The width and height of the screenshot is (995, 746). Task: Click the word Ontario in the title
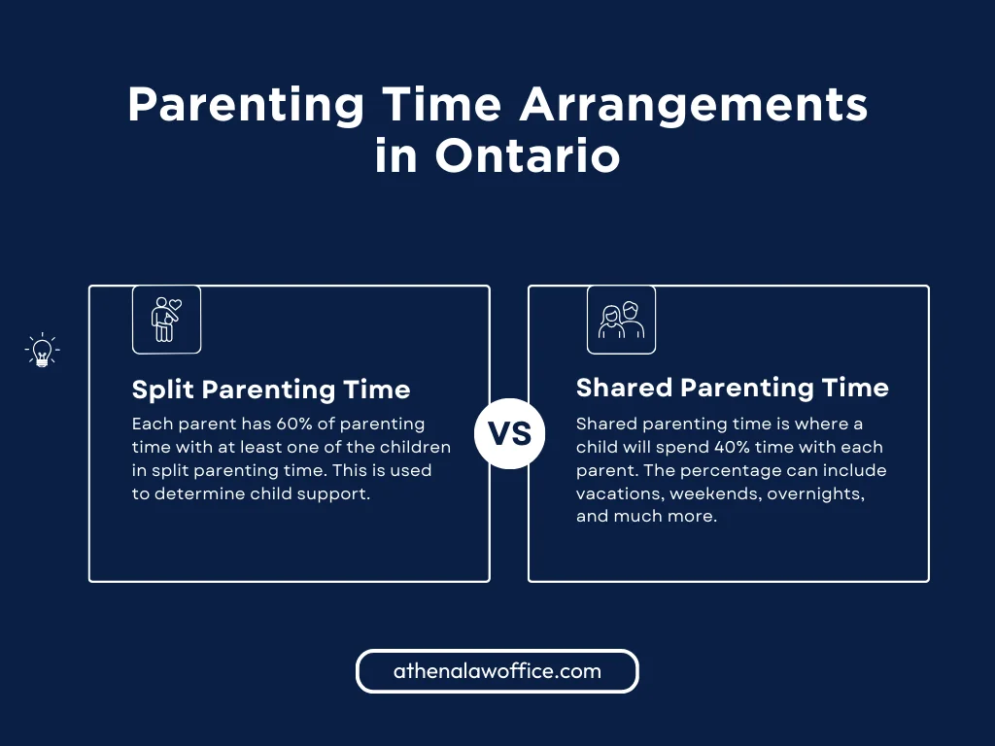(527, 155)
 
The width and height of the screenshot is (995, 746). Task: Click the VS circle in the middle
(509, 433)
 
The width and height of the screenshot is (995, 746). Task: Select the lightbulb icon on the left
(42, 351)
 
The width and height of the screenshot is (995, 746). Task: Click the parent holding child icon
(166, 319)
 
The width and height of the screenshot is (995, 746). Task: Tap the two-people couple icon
(621, 320)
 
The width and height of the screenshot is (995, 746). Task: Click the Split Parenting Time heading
(271, 390)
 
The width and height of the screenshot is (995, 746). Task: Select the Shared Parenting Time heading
(732, 388)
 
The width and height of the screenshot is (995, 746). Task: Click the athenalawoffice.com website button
(497, 671)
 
